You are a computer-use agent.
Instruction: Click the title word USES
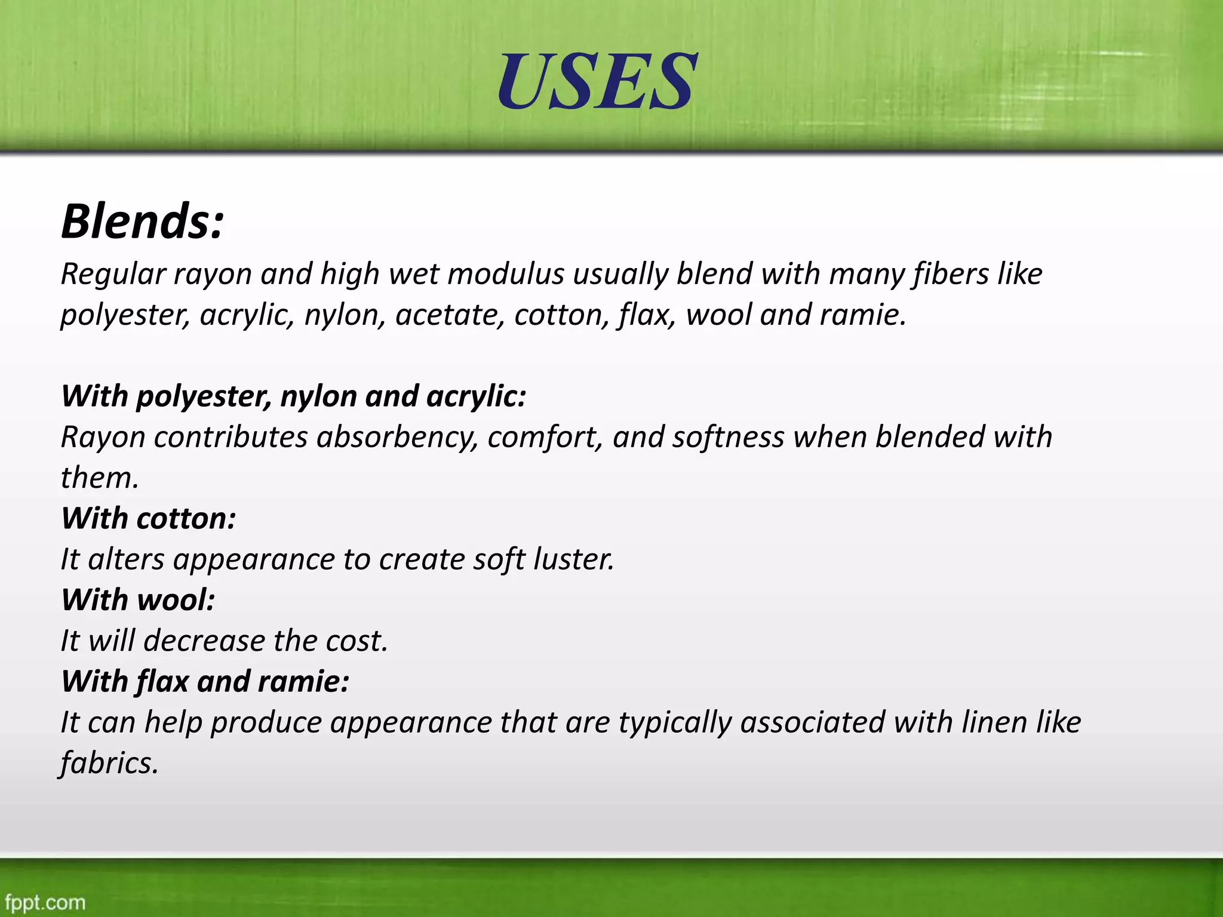click(x=597, y=81)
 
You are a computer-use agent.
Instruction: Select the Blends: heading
click(x=142, y=221)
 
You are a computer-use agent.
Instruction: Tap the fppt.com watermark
click(x=45, y=902)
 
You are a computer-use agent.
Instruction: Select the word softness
click(x=728, y=438)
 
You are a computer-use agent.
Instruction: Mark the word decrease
click(x=204, y=641)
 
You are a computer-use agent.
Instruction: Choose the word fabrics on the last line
click(x=109, y=764)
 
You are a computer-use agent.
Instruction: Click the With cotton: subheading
click(x=149, y=519)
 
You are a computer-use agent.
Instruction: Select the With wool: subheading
click(x=138, y=600)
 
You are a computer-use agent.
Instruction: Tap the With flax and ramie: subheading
click(x=205, y=682)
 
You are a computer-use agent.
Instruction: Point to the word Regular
click(x=113, y=275)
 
